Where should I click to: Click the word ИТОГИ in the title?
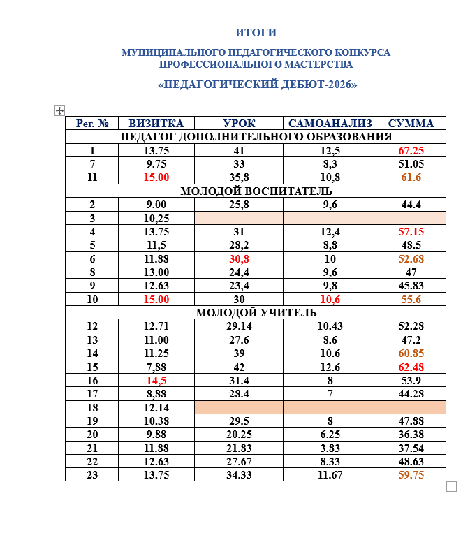[x=256, y=32]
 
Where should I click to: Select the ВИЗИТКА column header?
[x=156, y=124]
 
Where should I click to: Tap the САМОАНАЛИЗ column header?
[x=329, y=124]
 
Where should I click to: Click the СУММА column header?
[x=411, y=124]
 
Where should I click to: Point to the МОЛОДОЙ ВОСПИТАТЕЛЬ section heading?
[x=256, y=191]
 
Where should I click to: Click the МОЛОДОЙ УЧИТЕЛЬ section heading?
[x=256, y=312]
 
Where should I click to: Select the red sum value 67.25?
[x=411, y=151]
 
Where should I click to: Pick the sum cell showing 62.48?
[x=411, y=367]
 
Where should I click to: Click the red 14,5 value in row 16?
[x=156, y=380]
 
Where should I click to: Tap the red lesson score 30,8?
[x=239, y=258]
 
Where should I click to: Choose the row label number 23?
[x=92, y=474]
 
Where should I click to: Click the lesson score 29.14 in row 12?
[x=239, y=326]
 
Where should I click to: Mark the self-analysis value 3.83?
[x=329, y=448]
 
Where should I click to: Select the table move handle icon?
[x=59, y=110]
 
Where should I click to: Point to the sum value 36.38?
[x=411, y=434]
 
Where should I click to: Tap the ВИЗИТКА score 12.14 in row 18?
[x=156, y=407]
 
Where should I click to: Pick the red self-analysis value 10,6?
[x=329, y=299]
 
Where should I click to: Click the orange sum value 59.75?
[x=411, y=474]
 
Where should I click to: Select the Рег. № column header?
[x=92, y=124]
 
